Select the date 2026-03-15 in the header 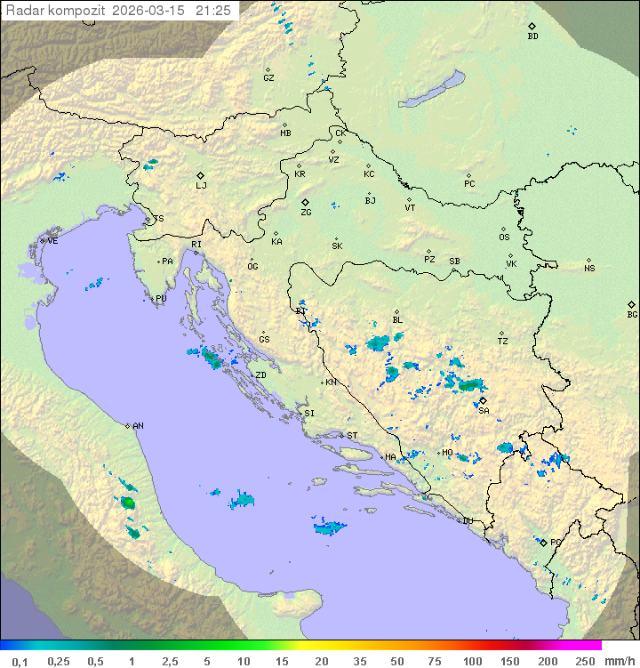click(x=150, y=11)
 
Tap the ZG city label click(x=306, y=213)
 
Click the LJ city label click(x=201, y=186)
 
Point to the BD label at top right click(x=532, y=36)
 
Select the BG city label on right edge click(x=632, y=314)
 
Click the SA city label click(x=484, y=411)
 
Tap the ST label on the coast click(x=352, y=436)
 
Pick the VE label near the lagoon click(x=52, y=241)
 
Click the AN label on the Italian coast click(x=138, y=426)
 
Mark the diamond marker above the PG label click(x=543, y=541)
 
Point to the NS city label click(x=589, y=269)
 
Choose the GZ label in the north click(x=268, y=78)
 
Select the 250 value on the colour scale click(x=585, y=661)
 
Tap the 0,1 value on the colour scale click(x=20, y=661)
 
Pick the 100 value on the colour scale click(x=472, y=661)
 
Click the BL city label click(x=397, y=320)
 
